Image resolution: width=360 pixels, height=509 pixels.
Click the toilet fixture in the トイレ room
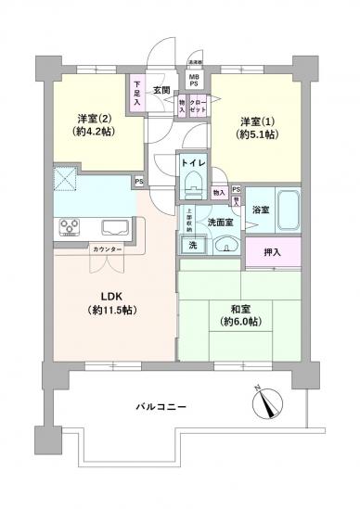tap(193, 186)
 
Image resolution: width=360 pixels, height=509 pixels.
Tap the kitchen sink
tap(115, 226)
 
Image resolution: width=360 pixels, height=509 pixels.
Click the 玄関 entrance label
tap(161, 90)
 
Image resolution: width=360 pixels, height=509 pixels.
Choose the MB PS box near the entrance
tap(195, 80)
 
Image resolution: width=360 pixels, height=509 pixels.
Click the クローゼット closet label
tap(198, 106)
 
